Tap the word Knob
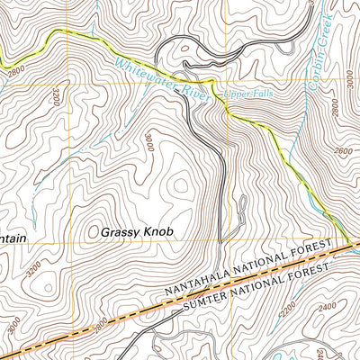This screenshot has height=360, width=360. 157,231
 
